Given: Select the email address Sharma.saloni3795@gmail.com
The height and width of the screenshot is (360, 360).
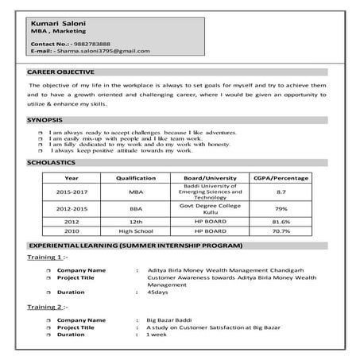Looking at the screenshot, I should pos(103,51).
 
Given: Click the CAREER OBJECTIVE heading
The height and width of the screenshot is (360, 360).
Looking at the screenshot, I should pos(57,72).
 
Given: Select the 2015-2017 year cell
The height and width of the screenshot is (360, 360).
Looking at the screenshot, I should pos(72,192).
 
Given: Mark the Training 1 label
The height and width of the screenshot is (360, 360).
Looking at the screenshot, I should pos(48,257).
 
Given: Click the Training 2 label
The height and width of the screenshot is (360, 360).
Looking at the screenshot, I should pos(48,305).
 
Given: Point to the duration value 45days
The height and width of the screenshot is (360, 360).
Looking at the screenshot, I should pos(159,292).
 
